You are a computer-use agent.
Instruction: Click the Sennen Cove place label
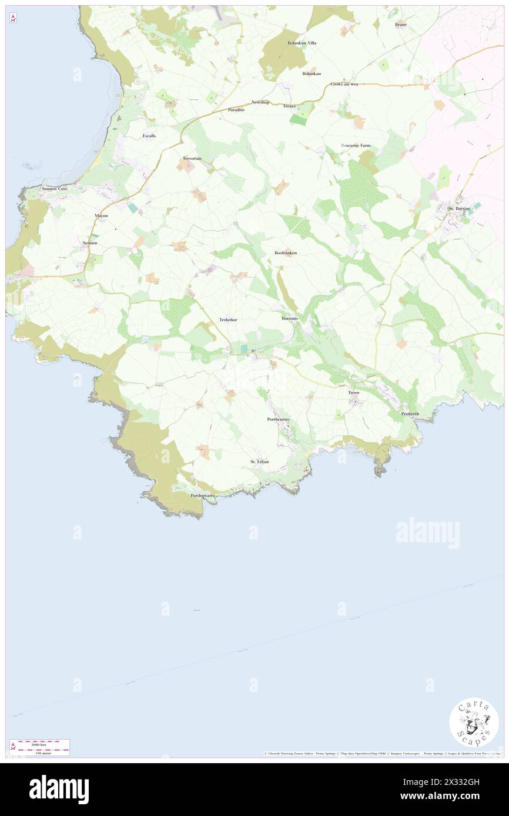click(55, 189)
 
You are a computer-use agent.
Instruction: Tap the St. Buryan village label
click(459, 208)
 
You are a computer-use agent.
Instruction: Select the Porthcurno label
click(278, 419)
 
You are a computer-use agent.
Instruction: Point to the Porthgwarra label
click(203, 495)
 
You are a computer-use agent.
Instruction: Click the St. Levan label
click(259, 461)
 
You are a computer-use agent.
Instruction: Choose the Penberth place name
click(410, 414)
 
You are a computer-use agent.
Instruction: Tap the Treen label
click(353, 392)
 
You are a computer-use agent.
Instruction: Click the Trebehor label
click(228, 319)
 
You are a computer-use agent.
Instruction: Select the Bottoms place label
click(290, 318)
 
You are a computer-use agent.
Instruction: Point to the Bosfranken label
click(286, 252)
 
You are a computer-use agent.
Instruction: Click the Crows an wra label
click(344, 84)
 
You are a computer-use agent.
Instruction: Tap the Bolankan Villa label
click(302, 43)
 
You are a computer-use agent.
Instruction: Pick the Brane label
click(401, 25)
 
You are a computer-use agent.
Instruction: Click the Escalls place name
click(149, 136)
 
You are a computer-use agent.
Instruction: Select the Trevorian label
click(192, 159)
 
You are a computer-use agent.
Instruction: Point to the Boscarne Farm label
click(356, 145)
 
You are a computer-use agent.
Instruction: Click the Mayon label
click(101, 215)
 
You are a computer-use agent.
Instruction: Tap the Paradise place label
click(236, 110)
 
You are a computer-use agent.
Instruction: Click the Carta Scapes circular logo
click(474, 722)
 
